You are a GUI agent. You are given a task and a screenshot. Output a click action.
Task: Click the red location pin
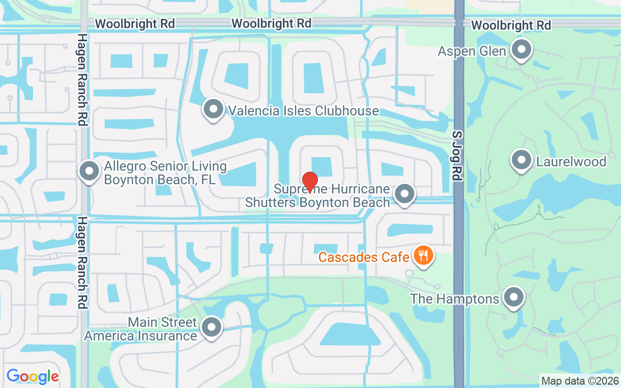click(x=310, y=182)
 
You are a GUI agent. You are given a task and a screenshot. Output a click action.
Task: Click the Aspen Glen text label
click(x=472, y=51)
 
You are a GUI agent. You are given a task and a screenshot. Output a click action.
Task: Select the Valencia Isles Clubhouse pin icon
click(x=212, y=109)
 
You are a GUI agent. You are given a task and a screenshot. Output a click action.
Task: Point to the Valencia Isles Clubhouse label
click(x=303, y=111)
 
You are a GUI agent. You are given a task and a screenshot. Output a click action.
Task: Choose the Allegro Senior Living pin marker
click(x=89, y=171)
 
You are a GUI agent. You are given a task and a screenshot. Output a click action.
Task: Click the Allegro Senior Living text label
click(x=165, y=173)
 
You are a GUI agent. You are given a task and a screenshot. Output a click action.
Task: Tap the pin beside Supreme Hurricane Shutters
click(x=405, y=194)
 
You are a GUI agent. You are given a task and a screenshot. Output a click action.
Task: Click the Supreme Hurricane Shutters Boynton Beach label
click(x=318, y=195)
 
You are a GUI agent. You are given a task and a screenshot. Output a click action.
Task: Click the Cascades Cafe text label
click(x=364, y=257)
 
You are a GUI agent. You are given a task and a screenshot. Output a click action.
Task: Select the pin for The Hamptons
click(x=513, y=297)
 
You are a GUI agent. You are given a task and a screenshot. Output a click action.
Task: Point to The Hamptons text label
click(x=455, y=298)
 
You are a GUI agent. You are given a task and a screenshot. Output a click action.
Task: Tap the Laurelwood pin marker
click(x=522, y=160)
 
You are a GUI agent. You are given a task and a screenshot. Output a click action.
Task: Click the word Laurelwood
click(x=571, y=162)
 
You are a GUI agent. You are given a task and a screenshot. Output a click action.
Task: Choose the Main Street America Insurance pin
click(x=212, y=327)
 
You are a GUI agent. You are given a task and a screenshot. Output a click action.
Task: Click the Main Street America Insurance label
click(x=141, y=329)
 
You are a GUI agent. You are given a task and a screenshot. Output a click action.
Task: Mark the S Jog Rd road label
click(x=457, y=155)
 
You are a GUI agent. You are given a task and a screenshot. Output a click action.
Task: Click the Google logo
click(x=33, y=376)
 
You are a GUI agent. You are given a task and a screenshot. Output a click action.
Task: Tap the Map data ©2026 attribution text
click(x=580, y=381)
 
